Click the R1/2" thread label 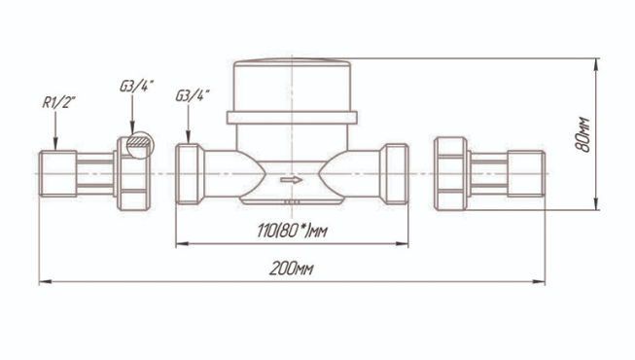pyautogui.click(x=59, y=102)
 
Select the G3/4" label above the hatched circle pyautogui.click(x=136, y=86)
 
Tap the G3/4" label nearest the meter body pyautogui.click(x=193, y=95)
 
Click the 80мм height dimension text pyautogui.click(x=582, y=134)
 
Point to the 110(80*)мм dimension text pyautogui.click(x=292, y=232)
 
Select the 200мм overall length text pyautogui.click(x=291, y=269)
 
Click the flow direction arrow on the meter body pyautogui.click(x=292, y=180)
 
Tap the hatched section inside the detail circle pyautogui.click(x=139, y=141)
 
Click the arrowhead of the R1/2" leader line pyautogui.click(x=55, y=144)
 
